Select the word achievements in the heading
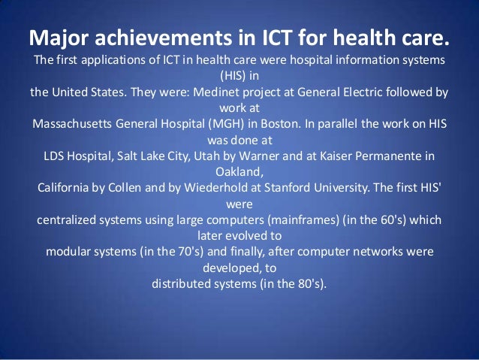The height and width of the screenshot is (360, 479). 150,37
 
